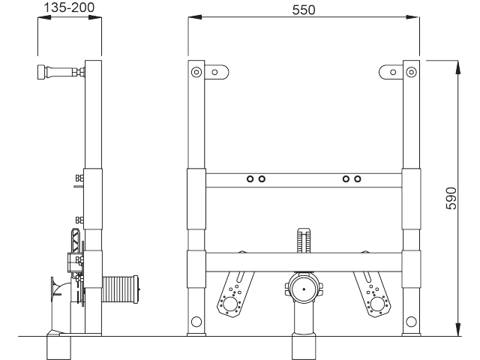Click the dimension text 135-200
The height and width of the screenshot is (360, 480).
point(69,7)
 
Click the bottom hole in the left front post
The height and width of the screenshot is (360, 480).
point(196,322)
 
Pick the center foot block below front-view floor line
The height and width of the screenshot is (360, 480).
point(303,347)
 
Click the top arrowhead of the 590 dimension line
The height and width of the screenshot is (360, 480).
point(457,66)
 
